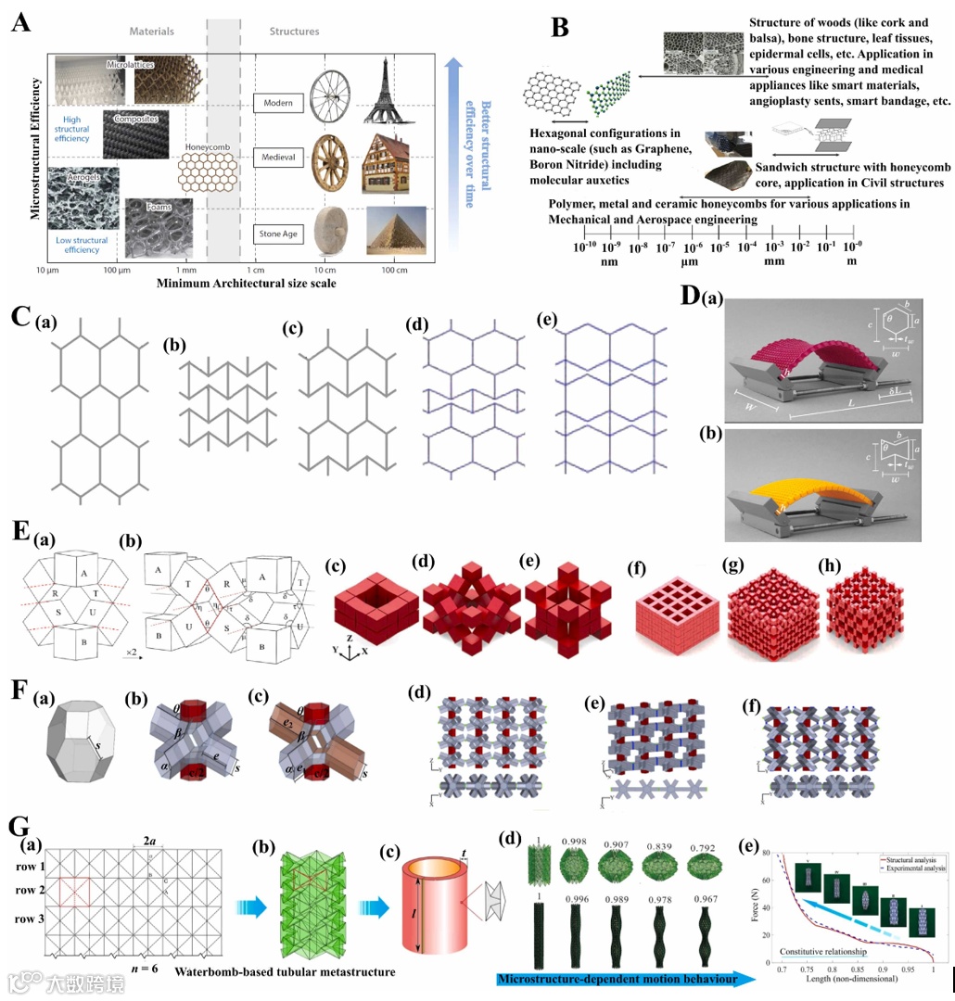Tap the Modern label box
pyautogui.click(x=277, y=103)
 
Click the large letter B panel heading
pyautogui.click(x=560, y=29)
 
